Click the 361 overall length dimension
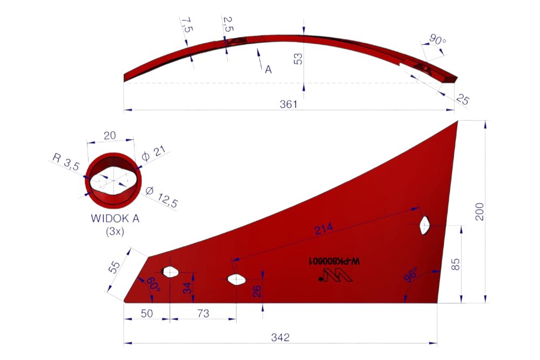[288, 104]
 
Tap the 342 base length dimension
[280, 337]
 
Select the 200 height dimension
[479, 212]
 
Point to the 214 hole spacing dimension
[323, 228]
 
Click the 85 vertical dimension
[455, 264]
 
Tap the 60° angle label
[153, 284]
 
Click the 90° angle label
[437, 40]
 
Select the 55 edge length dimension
[114, 267]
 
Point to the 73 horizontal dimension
[203, 314]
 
